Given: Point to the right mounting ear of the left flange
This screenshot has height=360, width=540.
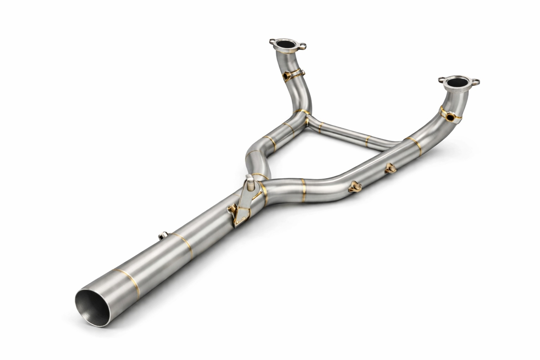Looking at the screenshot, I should click(x=303, y=46).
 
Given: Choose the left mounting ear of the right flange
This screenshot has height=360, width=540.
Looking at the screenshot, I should click(x=441, y=78).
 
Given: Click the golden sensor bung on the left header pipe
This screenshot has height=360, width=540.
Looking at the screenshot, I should click(x=287, y=76).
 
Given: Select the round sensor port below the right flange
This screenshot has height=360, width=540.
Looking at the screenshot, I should click(x=450, y=117).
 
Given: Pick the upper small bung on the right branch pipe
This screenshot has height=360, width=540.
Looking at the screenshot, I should click(x=389, y=167).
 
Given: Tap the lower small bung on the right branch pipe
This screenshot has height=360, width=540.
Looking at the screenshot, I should click(x=354, y=186).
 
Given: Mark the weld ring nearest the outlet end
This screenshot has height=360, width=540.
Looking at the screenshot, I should click(x=126, y=279).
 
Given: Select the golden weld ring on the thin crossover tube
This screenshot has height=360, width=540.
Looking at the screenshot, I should click(x=367, y=141).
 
